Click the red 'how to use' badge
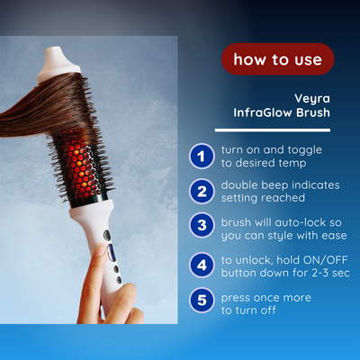(x=278, y=59)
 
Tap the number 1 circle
(x=201, y=156)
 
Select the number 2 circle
(x=201, y=190)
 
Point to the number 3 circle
(x=201, y=226)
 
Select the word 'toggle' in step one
(x=301, y=148)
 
